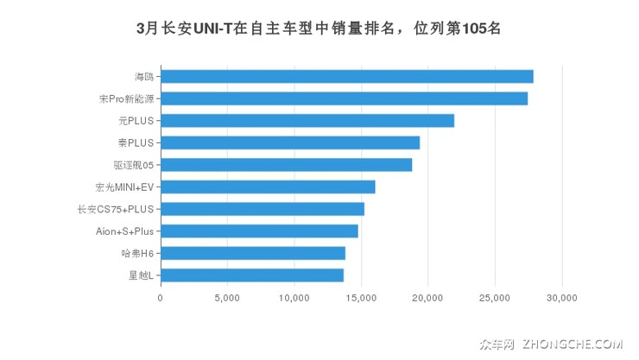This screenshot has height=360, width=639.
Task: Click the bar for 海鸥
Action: click(346, 76)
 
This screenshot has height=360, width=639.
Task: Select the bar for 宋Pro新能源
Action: click(344, 98)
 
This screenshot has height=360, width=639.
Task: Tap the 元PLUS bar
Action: click(307, 121)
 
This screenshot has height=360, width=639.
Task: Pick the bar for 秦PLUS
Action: click(289, 142)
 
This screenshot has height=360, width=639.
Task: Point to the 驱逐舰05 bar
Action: click(286, 165)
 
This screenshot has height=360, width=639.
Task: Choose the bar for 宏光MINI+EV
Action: click(268, 186)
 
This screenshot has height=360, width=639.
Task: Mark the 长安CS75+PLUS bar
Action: click(262, 209)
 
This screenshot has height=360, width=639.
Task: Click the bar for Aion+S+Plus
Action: click(259, 231)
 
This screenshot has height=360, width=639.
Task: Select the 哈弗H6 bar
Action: click(252, 253)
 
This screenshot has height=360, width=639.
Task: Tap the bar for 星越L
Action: click(251, 275)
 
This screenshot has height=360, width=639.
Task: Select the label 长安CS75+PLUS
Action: click(116, 209)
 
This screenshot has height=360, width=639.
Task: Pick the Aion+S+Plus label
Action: click(124, 231)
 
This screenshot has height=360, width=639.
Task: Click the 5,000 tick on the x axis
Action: click(227, 299)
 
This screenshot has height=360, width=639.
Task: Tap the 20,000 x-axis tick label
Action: click(428, 299)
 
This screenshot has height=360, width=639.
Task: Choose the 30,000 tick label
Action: click(562, 299)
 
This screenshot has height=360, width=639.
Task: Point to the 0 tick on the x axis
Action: click(161, 299)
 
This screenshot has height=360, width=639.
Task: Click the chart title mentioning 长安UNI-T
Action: click(319, 28)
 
